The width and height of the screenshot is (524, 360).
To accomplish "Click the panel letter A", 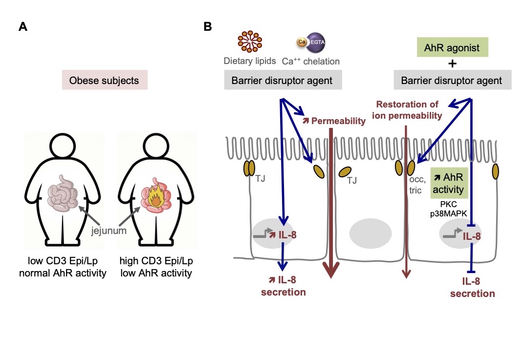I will tap(22, 27).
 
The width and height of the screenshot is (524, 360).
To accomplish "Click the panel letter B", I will tap(207, 27).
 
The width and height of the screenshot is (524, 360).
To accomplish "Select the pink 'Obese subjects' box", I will tap(104, 80).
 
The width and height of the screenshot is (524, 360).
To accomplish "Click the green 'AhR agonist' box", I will tap(453, 48).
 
